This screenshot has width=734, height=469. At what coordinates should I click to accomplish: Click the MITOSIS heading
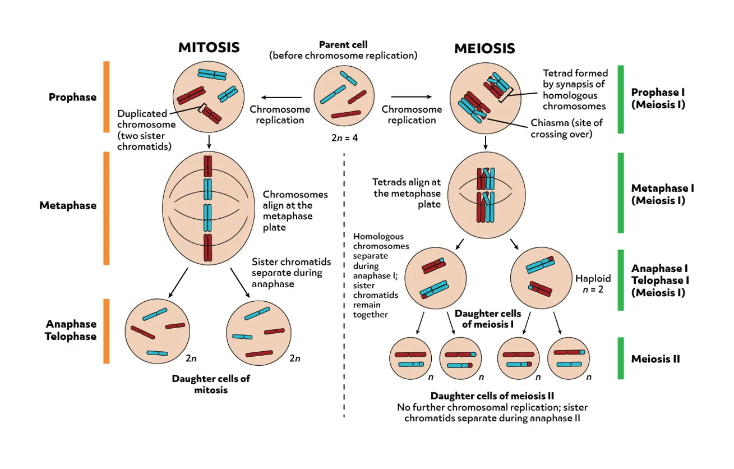pos(209,48)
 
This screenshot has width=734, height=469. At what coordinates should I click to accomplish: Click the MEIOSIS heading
pos(484,48)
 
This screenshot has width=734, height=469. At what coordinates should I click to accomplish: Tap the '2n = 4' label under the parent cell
pos(344,137)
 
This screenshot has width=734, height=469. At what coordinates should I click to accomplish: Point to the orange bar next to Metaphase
pos(106,208)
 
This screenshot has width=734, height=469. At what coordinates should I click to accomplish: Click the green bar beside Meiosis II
pos(620,358)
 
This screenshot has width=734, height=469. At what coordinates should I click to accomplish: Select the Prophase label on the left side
pos(72,97)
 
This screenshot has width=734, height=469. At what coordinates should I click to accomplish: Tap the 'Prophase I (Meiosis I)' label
pos(658,98)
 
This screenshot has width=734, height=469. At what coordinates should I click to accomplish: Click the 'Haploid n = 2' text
pos(593,284)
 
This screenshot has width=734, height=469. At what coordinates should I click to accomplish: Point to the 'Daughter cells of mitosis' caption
pos(211,384)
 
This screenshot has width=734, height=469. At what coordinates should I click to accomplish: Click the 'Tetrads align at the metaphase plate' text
pos(407,193)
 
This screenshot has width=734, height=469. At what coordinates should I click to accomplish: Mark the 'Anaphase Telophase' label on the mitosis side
pos(71,330)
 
